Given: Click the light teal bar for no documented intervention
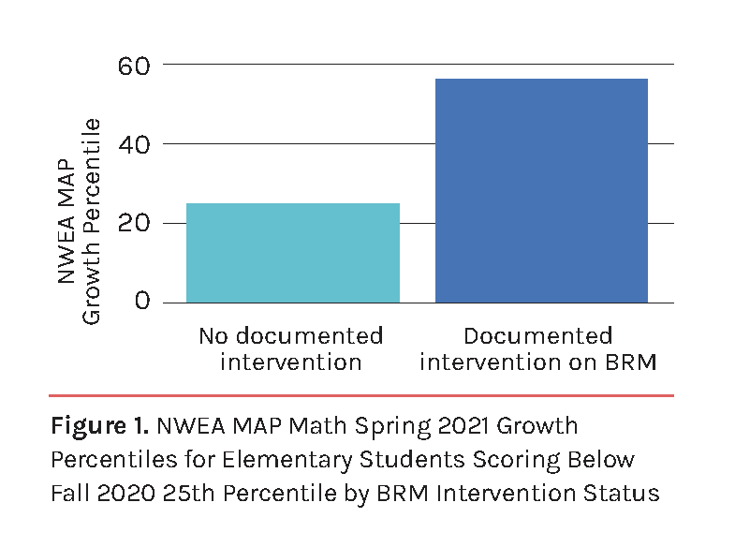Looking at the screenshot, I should pos(293,253).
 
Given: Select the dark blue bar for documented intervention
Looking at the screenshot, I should pos(541,191).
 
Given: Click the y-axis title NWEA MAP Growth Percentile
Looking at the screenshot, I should pos(79,220).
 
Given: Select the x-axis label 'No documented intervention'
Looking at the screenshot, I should pos(291,348).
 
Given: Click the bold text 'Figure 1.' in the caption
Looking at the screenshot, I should pos(99,427).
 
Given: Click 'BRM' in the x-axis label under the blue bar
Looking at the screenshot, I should pos(630,362).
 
